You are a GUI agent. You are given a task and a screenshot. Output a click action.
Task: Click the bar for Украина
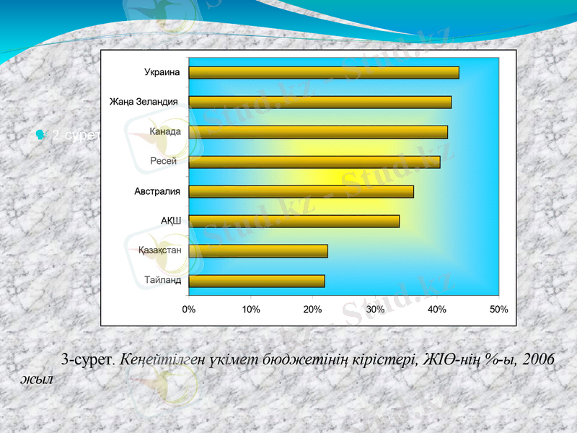pyautogui.click(x=324, y=72)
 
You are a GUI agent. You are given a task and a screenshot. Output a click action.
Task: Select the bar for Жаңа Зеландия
pyautogui.click(x=320, y=102)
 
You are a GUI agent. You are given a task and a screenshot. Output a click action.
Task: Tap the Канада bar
pyautogui.click(x=318, y=132)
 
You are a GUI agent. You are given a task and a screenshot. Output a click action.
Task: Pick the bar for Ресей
pyautogui.click(x=314, y=162)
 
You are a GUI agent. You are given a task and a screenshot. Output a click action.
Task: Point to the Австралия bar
pyautogui.click(x=301, y=191)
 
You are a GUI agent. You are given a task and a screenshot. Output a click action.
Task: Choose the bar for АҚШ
pyautogui.click(x=294, y=222)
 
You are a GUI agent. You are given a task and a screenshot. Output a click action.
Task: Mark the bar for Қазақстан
pyautogui.click(x=258, y=251)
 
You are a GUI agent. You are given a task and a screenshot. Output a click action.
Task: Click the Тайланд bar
pyautogui.click(x=257, y=281)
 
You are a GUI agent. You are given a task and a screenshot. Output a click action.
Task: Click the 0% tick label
pyautogui.click(x=188, y=309)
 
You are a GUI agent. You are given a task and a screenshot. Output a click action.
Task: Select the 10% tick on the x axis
pyautogui.click(x=250, y=309)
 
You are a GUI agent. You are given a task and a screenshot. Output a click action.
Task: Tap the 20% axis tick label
pyautogui.click(x=312, y=309)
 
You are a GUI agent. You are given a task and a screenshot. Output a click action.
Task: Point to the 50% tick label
pyautogui.click(x=498, y=309)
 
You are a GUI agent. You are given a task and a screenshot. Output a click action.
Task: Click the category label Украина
pyautogui.click(x=162, y=72)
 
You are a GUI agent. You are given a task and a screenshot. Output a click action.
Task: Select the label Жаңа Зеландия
pyautogui.click(x=144, y=102)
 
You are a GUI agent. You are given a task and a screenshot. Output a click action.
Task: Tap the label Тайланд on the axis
pyautogui.click(x=162, y=281)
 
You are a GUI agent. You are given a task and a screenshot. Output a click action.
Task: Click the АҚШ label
pyautogui.click(x=170, y=221)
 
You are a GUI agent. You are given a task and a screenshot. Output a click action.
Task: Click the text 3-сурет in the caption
pyautogui.click(x=87, y=359)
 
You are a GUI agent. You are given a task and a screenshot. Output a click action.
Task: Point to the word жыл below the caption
pyautogui.click(x=36, y=379)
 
